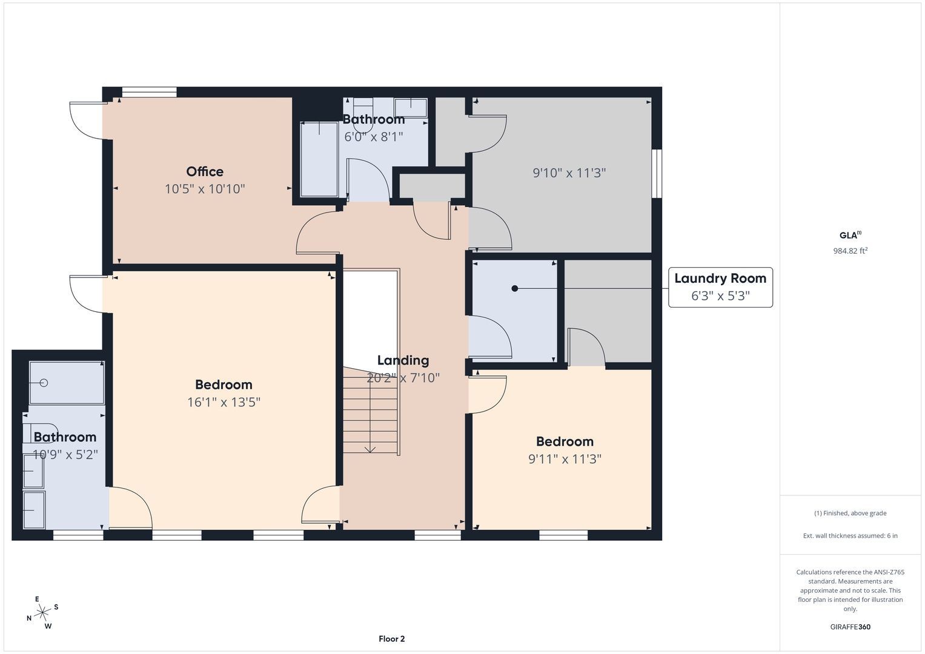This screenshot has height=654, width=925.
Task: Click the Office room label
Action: (205, 171)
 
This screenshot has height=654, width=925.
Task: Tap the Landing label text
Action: (403, 360)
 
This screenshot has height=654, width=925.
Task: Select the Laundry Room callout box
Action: (720, 288)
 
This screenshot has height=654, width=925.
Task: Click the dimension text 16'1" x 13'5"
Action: (224, 401)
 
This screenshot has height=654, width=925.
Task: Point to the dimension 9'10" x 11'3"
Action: (569, 173)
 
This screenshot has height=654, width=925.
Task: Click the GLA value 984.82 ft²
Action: (850, 251)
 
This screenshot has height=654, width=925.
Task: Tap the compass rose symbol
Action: (42, 612)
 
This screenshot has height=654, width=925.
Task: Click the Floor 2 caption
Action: (391, 639)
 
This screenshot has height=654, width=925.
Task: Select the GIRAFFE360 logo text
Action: (850, 627)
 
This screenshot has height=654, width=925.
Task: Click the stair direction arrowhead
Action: (370, 449)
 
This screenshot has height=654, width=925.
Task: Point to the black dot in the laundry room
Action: (514, 289)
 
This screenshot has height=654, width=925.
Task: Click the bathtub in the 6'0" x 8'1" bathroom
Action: (319, 159)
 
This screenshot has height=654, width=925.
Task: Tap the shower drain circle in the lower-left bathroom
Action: (44, 383)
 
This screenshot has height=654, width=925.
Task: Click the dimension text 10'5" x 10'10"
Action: (205, 189)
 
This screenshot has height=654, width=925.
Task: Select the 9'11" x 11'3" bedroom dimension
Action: (565, 459)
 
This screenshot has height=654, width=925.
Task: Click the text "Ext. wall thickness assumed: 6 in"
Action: (850, 535)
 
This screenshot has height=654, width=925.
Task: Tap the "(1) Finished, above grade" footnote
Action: (850, 514)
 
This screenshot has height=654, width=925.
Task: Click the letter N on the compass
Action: (29, 618)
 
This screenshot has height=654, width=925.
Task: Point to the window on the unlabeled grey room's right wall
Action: (657, 174)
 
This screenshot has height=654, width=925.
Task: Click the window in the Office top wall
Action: (150, 92)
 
